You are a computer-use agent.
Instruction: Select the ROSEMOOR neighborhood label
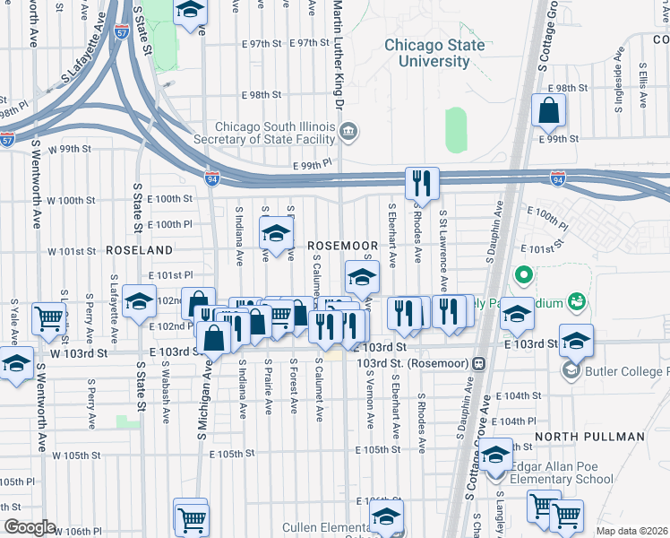pos(342,245)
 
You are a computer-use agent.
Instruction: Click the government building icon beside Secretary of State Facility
pos(349,133)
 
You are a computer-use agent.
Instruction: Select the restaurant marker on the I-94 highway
pos(420,183)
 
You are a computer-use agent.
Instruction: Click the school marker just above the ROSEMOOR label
pos(277,234)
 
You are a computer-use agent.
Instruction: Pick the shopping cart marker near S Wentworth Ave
pos(48,318)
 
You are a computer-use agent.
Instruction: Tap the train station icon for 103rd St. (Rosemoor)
pos(479,363)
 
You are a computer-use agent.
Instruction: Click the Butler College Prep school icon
pos(571,369)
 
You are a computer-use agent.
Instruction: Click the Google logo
pos(30,527)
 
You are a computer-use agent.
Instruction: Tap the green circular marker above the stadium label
pos(524,274)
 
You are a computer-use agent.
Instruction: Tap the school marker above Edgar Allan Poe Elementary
pos(494,456)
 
